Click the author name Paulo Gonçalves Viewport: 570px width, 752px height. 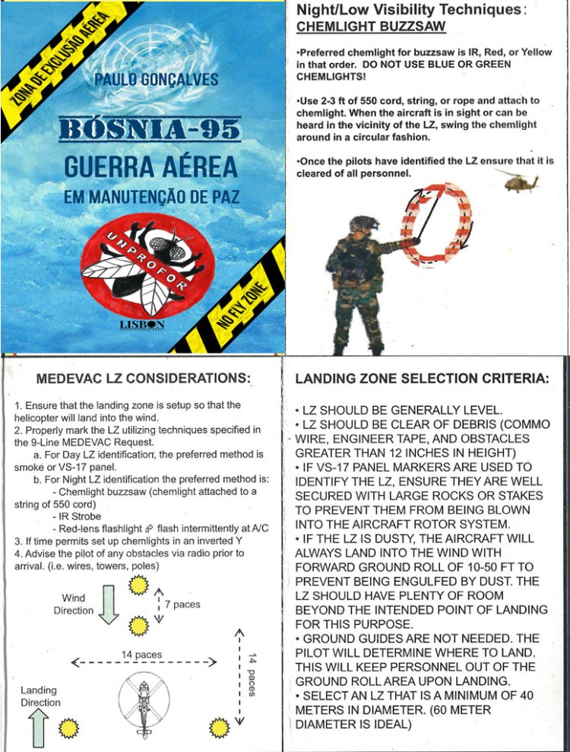[x=157, y=81]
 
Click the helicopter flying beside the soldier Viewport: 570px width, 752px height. [x=518, y=180]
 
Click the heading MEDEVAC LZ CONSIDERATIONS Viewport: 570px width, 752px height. [x=144, y=378]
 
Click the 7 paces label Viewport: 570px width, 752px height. [x=182, y=604]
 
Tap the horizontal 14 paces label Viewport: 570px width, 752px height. [x=142, y=654]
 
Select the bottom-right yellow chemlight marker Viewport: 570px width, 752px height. [x=220, y=727]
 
